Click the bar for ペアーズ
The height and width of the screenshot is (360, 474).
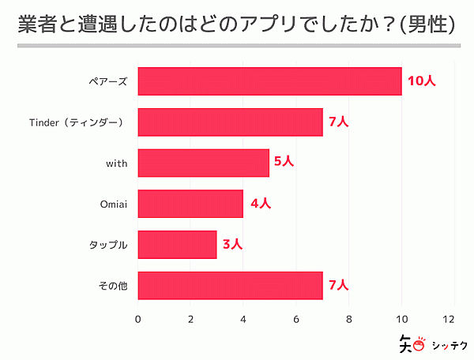(x=269, y=81)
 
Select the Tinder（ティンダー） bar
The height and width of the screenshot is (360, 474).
(x=230, y=122)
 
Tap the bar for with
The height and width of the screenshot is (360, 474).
(x=204, y=163)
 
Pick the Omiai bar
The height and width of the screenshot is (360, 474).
(x=190, y=204)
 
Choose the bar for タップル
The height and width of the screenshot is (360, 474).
(x=177, y=245)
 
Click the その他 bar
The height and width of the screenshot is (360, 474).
(x=230, y=286)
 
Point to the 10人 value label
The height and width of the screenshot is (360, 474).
(x=421, y=81)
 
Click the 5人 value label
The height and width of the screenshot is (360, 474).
(x=284, y=163)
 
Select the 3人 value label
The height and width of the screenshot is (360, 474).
(x=233, y=245)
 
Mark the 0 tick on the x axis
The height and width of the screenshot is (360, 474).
(x=138, y=319)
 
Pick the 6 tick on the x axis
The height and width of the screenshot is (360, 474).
(x=296, y=319)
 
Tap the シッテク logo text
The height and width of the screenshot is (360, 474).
(x=450, y=344)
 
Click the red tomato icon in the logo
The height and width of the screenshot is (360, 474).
(x=419, y=345)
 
